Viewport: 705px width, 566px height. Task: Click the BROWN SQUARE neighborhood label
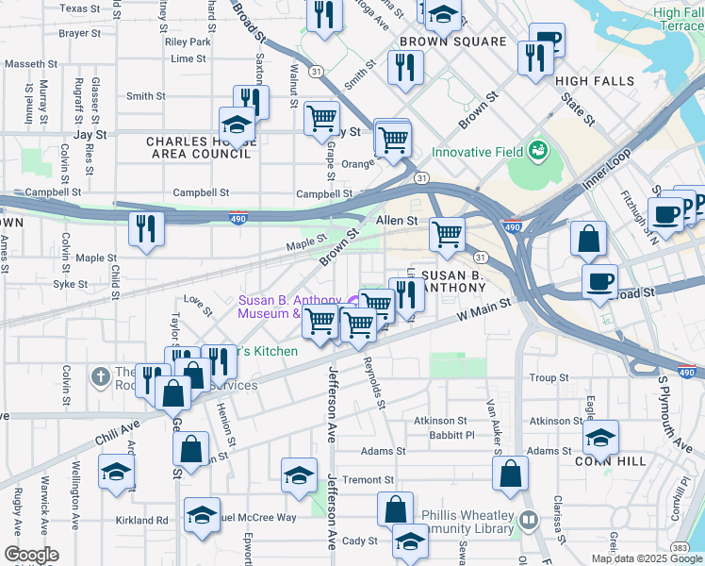(452, 42)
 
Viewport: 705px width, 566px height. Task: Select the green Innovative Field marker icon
(537, 150)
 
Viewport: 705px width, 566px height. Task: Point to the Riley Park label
(188, 42)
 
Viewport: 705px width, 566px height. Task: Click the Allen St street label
(397, 220)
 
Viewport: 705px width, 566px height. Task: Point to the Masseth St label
(31, 64)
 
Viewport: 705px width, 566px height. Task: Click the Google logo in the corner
(31, 555)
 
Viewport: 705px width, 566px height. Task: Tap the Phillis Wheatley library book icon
(528, 519)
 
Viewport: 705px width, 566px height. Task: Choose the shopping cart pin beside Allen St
(447, 232)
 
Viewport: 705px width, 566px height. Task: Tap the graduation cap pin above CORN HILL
(600, 436)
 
